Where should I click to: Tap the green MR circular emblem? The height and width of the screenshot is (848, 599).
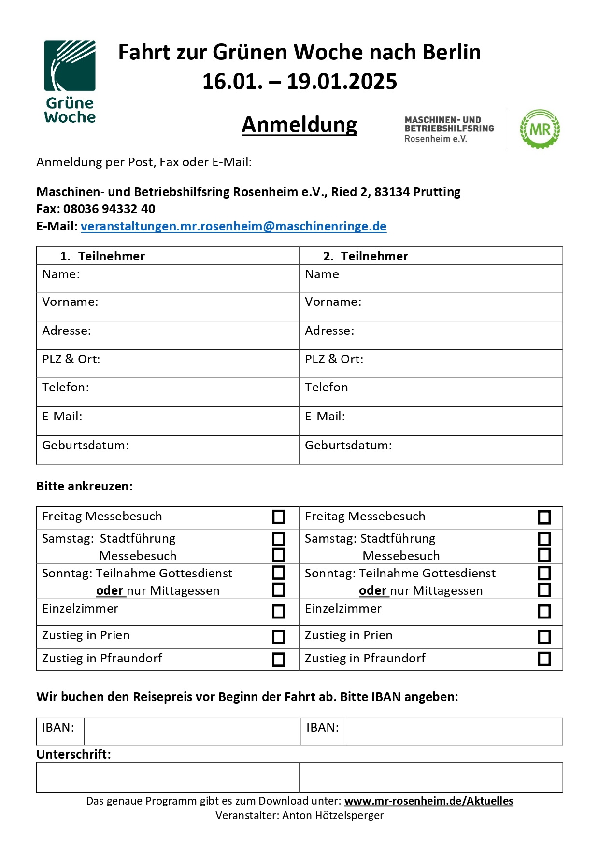click(x=540, y=129)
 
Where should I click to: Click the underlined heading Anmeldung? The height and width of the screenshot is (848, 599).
click(x=299, y=125)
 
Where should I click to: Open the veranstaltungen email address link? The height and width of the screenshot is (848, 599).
click(x=233, y=226)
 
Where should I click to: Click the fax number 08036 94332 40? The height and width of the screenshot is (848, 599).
click(x=109, y=209)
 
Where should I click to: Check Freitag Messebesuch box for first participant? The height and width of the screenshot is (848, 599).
click(x=279, y=517)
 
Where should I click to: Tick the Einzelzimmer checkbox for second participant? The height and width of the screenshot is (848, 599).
click(x=544, y=611)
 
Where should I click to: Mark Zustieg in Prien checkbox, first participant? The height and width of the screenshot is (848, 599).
click(x=279, y=636)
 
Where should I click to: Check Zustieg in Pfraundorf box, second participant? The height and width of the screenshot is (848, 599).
click(x=544, y=659)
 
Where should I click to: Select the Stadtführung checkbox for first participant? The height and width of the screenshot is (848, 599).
click(x=279, y=538)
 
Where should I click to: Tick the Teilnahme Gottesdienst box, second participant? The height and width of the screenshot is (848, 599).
click(x=544, y=573)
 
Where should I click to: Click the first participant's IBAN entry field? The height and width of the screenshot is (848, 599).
click(x=192, y=731)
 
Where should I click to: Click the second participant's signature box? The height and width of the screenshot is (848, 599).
click(x=431, y=777)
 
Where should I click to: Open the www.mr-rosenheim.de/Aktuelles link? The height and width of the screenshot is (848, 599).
click(x=428, y=801)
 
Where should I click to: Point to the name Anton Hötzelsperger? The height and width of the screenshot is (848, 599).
click(x=333, y=815)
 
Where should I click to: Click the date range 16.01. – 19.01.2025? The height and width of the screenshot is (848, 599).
click(x=299, y=81)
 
